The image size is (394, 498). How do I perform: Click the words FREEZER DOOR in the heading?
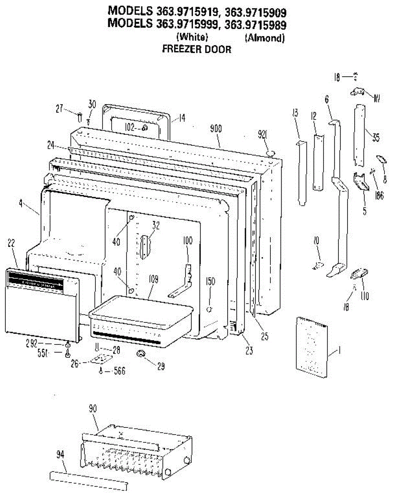pyautogui.click(x=196, y=49)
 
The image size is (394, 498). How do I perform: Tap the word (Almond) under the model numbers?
pyautogui.click(x=265, y=38)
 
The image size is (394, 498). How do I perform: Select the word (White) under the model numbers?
pyautogui.click(x=192, y=37)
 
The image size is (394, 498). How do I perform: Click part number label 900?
pyautogui.click(x=216, y=128)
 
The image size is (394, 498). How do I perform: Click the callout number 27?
pyautogui.click(x=60, y=109)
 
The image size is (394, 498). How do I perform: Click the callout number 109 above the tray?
pyautogui.click(x=153, y=280)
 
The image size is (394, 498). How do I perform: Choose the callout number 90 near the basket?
pyautogui.click(x=93, y=408)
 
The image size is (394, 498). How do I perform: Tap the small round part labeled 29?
pyautogui.click(x=141, y=354)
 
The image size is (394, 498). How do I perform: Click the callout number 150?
pyautogui.click(x=211, y=281)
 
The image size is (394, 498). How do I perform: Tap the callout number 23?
pyautogui.click(x=248, y=351)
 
